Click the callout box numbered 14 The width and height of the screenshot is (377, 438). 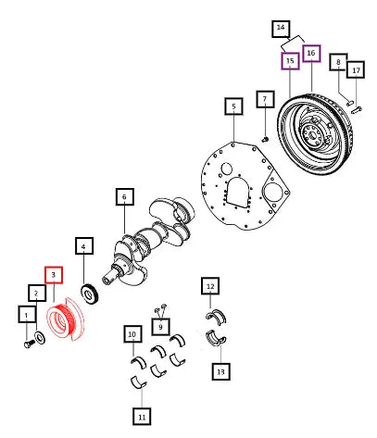(281, 29)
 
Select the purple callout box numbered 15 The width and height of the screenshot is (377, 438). (290, 61)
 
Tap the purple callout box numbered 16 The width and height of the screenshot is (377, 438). (311, 53)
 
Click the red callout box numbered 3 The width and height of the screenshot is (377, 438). (54, 275)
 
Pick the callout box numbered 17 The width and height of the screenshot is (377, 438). (356, 69)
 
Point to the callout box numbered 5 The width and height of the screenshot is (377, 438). (233, 106)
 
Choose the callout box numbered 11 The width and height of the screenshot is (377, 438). (142, 417)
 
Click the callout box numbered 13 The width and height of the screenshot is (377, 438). (220, 371)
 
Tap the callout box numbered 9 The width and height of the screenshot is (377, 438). (160, 327)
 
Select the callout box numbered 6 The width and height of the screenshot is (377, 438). (125, 196)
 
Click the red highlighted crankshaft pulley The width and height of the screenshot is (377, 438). (66, 319)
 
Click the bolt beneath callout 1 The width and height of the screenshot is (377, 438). (29, 344)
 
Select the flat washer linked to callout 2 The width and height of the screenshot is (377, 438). (40, 337)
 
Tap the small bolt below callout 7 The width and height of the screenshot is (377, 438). (265, 140)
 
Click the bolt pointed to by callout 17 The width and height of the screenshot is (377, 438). (357, 109)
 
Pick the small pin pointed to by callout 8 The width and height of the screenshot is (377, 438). (350, 103)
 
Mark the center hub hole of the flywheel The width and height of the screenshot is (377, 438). (311, 135)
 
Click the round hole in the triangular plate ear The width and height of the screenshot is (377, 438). (272, 193)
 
